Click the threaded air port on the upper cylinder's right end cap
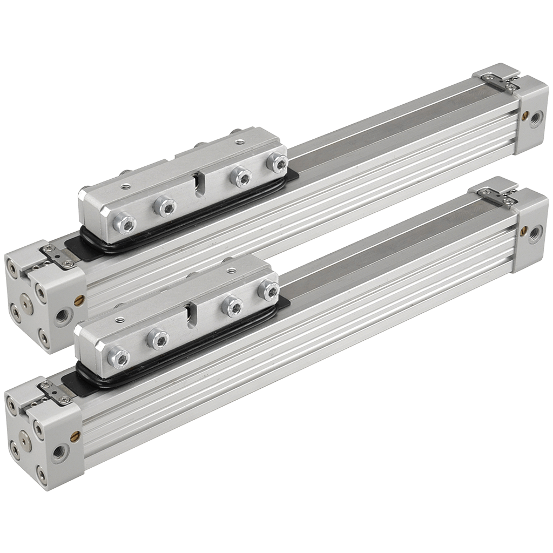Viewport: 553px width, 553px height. click(x=536, y=117)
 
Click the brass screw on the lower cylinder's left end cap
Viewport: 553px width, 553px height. click(x=75, y=433)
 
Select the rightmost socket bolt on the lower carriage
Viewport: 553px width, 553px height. click(x=268, y=291)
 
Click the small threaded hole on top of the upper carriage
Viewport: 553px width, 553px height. click(x=125, y=186)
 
